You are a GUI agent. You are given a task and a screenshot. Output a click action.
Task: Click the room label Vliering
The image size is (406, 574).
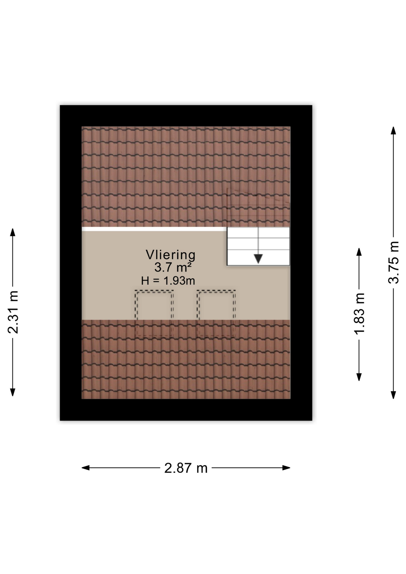(x=170, y=255)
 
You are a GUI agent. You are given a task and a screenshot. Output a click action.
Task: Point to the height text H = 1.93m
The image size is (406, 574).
(x=168, y=281)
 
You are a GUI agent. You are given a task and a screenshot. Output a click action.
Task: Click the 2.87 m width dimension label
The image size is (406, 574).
(x=186, y=468)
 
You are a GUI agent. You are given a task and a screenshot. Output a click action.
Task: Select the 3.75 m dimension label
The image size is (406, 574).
(x=393, y=262)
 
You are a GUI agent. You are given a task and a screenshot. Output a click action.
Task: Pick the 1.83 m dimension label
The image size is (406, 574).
(x=359, y=313)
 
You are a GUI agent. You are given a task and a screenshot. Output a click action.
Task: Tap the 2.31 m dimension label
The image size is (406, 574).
(x=13, y=312)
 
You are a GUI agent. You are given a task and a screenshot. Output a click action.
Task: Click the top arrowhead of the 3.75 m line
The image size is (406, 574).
(x=393, y=131)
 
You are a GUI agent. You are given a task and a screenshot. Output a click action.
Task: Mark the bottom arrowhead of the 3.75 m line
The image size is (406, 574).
(x=393, y=395)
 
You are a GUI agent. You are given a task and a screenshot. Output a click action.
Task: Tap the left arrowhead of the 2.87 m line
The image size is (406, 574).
(x=86, y=468)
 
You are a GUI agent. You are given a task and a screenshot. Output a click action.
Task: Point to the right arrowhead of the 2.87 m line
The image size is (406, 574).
(x=286, y=468)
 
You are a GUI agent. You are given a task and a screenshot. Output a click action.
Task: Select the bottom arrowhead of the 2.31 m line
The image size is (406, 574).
(x=13, y=392)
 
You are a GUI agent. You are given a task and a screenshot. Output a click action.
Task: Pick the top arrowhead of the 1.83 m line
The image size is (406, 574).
(x=359, y=252)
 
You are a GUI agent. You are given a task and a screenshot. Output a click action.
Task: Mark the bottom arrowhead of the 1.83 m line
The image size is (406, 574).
(x=359, y=377)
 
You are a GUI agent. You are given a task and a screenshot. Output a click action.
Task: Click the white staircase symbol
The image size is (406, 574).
(x=258, y=246)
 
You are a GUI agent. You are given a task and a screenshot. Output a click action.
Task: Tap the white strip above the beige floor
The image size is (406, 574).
(x=154, y=229)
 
